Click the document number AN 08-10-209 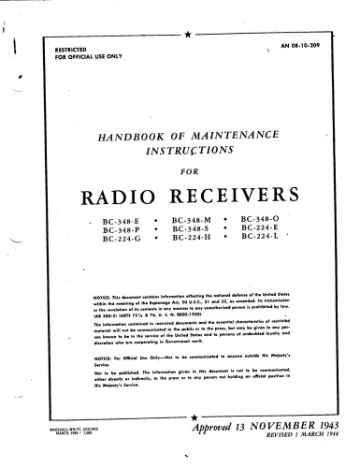point(314,43)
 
